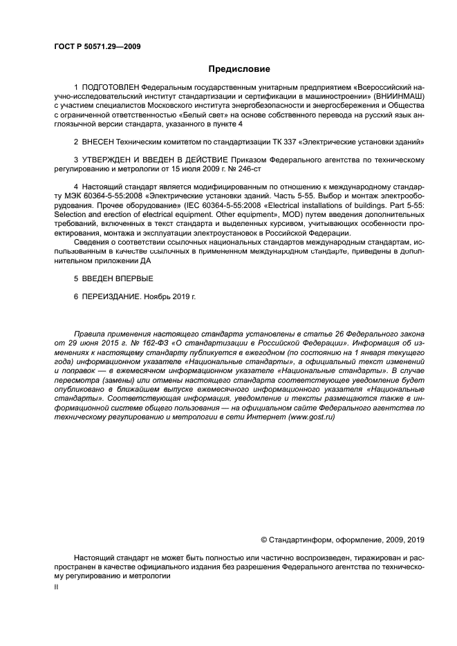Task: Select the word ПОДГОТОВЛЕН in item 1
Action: (x=109, y=88)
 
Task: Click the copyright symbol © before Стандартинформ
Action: (x=263, y=540)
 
